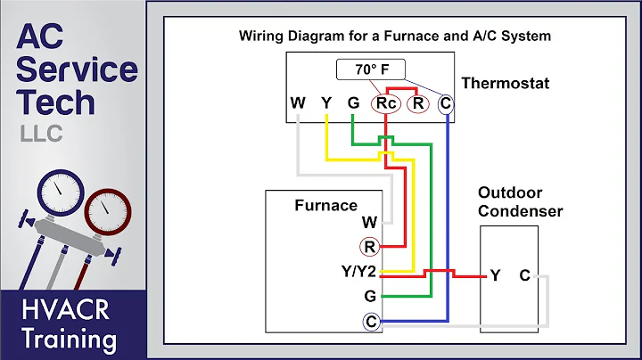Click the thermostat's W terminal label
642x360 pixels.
(298, 103)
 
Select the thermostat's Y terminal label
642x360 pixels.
(326, 103)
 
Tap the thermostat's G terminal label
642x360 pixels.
(354, 103)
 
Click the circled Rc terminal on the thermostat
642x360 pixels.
(386, 103)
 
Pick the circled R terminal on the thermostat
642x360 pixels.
(416, 103)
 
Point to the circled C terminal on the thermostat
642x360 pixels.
(446, 103)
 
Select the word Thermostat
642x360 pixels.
(506, 84)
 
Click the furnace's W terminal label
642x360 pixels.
(369, 222)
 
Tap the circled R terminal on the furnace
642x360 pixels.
(369, 247)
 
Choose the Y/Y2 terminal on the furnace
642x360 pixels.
(359, 272)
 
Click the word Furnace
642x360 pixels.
(325, 205)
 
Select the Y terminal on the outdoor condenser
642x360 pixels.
(495, 275)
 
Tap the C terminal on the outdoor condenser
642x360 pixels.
(524, 275)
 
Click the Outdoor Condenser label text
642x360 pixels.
(521, 201)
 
